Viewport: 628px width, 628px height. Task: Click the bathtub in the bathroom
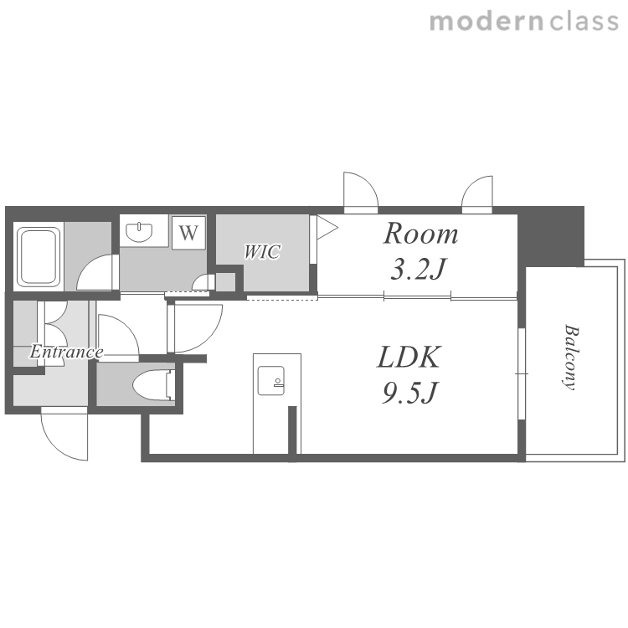pyautogui.click(x=39, y=256)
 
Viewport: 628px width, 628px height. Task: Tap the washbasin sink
pyautogui.click(x=139, y=232)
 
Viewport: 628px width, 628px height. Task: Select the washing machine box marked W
pyautogui.click(x=188, y=232)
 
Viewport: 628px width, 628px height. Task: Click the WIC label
pyautogui.click(x=262, y=252)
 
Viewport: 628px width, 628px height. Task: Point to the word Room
pyautogui.click(x=420, y=234)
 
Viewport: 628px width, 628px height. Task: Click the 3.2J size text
pyautogui.click(x=418, y=269)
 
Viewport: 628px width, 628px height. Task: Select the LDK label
pyautogui.click(x=409, y=357)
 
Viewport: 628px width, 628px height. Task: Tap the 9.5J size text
pyautogui.click(x=410, y=393)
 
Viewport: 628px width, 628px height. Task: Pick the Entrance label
pyautogui.click(x=66, y=352)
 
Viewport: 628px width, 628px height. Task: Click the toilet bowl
pyautogui.click(x=153, y=385)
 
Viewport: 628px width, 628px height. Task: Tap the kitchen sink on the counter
pyautogui.click(x=271, y=380)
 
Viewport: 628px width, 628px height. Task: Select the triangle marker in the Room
pyautogui.click(x=327, y=228)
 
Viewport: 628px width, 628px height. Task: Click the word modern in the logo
pyautogui.click(x=486, y=22)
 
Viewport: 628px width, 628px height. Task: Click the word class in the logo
pyautogui.click(x=584, y=22)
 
